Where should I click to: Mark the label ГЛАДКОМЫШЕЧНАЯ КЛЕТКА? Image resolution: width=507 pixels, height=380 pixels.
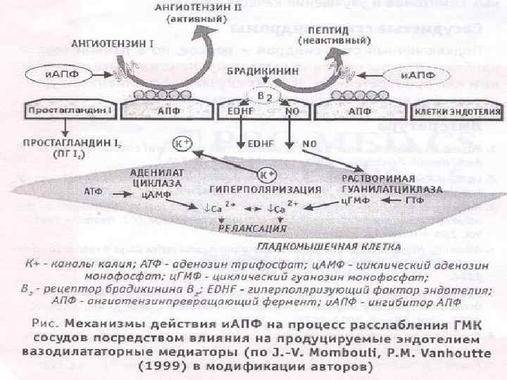click(x=329, y=247)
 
